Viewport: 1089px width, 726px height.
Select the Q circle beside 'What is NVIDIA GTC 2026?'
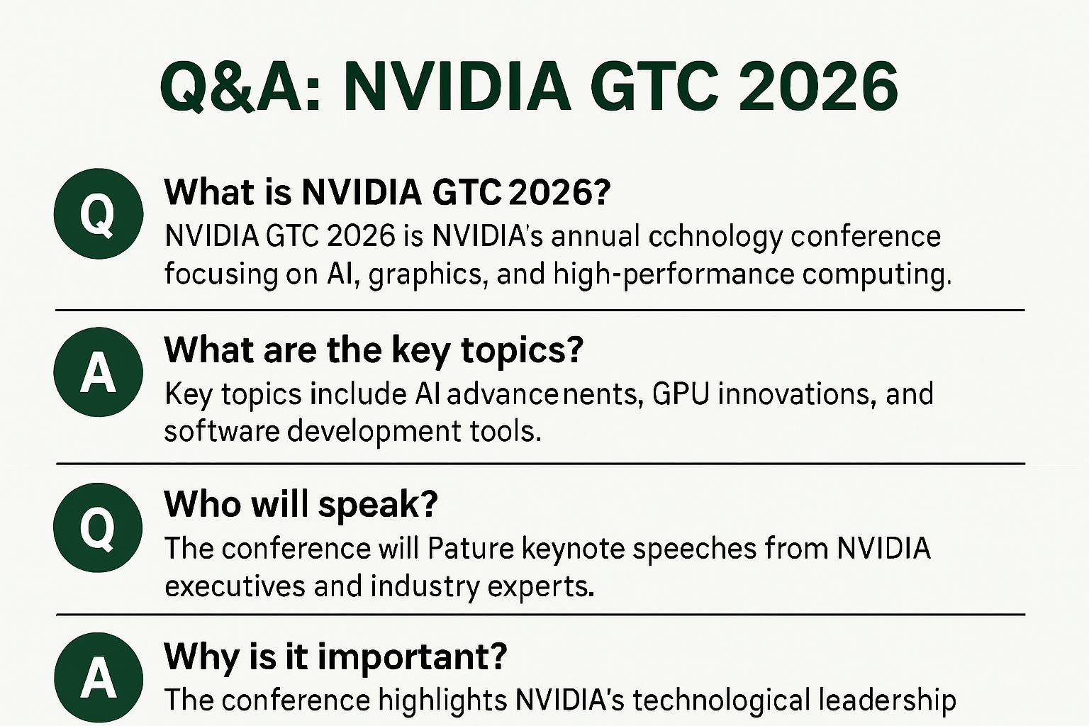(x=99, y=214)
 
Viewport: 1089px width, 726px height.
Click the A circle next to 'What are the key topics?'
(x=99, y=372)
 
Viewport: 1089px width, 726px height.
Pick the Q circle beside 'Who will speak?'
(x=99, y=527)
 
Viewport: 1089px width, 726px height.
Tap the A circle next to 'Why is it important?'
(x=99, y=677)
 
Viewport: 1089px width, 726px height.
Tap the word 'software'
(x=222, y=431)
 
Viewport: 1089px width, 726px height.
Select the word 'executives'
(x=235, y=586)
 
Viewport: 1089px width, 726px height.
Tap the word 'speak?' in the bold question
(x=378, y=506)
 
